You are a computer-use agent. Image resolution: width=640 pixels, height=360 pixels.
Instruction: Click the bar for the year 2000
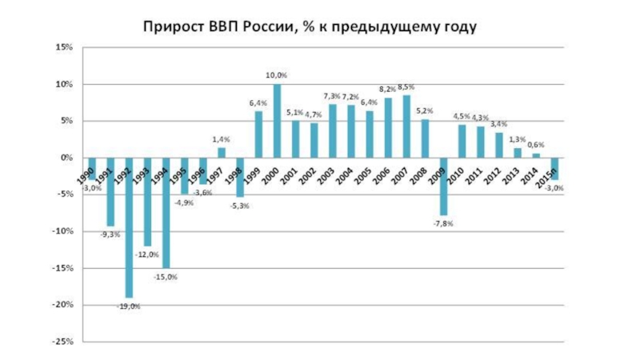pyautogui.click(x=277, y=121)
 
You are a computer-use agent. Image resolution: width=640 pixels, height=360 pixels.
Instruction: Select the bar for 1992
pyautogui.click(x=130, y=228)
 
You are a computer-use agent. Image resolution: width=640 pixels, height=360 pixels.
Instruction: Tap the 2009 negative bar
pyautogui.click(x=443, y=186)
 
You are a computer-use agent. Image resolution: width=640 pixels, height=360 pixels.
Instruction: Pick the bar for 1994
pyautogui.click(x=166, y=213)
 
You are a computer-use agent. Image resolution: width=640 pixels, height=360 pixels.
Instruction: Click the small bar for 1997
pyautogui.click(x=222, y=153)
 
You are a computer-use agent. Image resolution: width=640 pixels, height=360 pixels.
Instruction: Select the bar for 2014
pyautogui.click(x=535, y=155)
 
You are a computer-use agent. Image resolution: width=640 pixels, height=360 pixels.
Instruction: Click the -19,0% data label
pyautogui.click(x=128, y=306)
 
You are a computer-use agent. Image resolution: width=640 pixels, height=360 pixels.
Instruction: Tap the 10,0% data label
pyautogui.click(x=277, y=75)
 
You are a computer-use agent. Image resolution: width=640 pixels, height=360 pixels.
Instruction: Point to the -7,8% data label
pyautogui.click(x=442, y=224)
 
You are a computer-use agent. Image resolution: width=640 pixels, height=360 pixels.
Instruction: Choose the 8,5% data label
pyautogui.click(x=407, y=87)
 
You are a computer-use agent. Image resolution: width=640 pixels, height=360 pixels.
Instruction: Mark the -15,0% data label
pyautogui.click(x=166, y=277)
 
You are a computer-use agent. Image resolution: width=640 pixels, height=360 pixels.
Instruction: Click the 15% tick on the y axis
pyautogui.click(x=62, y=47)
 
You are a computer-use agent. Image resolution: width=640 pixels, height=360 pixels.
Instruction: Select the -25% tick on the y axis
pyautogui.click(x=61, y=342)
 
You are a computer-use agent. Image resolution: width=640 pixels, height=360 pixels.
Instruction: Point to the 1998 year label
pyautogui.click(x=234, y=174)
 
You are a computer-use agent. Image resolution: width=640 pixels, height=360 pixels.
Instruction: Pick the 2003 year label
pyautogui.click(x=326, y=174)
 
